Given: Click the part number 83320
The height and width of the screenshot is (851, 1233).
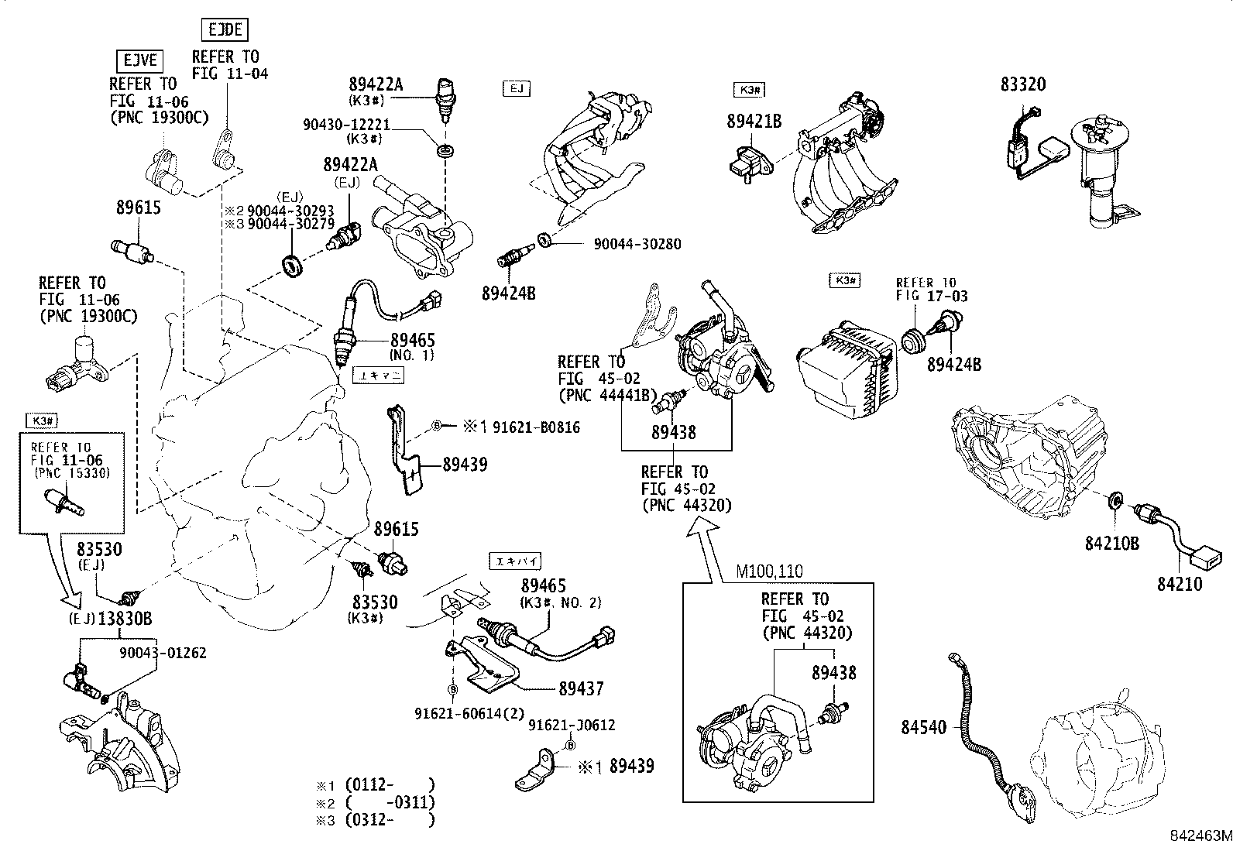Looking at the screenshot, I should pyautogui.click(x=1022, y=84).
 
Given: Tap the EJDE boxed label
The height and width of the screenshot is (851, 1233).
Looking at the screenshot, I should pyautogui.click(x=225, y=30).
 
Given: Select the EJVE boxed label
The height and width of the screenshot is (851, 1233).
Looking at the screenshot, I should pyautogui.click(x=140, y=60).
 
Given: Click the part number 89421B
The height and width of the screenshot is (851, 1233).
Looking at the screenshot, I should pyautogui.click(x=754, y=121).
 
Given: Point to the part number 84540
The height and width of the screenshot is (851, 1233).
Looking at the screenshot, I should pyautogui.click(x=923, y=727).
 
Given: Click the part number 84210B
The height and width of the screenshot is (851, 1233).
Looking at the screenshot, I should pyautogui.click(x=1111, y=544).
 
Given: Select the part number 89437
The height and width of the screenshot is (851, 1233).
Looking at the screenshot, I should pyautogui.click(x=582, y=688).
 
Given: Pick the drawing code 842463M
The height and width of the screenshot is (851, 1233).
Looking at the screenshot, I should pyautogui.click(x=1200, y=836).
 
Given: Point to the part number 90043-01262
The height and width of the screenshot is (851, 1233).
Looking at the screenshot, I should pyautogui.click(x=163, y=652).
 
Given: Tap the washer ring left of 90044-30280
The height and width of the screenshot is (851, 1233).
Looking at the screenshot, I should pyautogui.click(x=544, y=239).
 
